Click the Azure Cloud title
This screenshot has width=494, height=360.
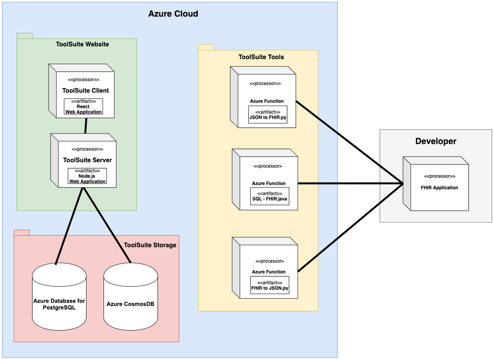point(173,14)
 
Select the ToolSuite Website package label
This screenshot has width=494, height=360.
point(83,45)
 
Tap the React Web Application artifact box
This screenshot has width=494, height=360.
point(83,106)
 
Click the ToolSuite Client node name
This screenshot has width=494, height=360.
point(86,90)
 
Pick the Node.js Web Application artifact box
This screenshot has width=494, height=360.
point(87,176)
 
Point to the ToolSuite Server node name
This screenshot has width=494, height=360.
point(87,160)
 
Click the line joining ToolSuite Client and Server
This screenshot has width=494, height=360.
point(86,126)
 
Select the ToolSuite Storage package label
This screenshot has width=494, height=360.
point(150,245)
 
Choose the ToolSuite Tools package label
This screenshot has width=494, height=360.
point(261,57)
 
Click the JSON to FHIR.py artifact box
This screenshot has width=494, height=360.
point(268,115)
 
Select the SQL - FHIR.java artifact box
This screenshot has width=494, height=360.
point(269,196)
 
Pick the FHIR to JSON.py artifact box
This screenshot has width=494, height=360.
point(269,285)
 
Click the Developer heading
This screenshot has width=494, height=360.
point(436,141)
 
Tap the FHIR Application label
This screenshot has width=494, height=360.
point(439,187)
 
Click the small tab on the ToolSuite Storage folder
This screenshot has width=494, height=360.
point(22,232)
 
